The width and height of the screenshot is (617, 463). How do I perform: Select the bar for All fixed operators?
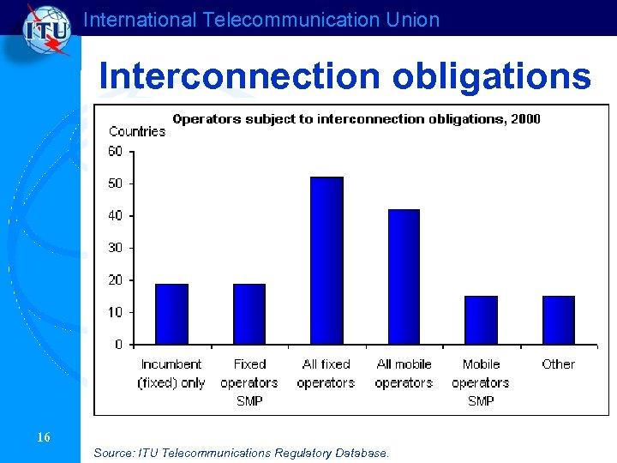tap(326, 261)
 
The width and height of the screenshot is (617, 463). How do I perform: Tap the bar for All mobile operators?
tap(404, 277)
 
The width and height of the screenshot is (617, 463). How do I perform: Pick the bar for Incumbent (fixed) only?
tap(171, 314)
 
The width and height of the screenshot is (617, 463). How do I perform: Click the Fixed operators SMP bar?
tap(249, 314)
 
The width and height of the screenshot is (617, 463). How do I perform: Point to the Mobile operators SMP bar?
tap(481, 320)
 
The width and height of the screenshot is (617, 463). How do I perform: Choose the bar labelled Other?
tap(558, 320)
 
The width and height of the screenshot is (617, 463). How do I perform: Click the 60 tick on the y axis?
tap(115, 152)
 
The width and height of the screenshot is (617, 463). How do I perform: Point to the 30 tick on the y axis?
tap(115, 248)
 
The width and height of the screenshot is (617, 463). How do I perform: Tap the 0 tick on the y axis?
tap(118, 345)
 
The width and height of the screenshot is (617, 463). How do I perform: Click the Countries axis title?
tap(137, 131)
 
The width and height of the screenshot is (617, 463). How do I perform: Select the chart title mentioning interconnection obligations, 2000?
tap(356, 119)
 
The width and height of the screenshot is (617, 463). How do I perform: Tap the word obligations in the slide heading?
tap(492, 76)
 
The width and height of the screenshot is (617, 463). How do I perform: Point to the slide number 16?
tap(44, 438)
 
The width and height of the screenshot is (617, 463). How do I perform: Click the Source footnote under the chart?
tap(241, 452)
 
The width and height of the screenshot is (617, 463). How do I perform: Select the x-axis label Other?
tap(558, 364)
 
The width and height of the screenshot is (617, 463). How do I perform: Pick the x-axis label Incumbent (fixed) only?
tap(171, 374)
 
